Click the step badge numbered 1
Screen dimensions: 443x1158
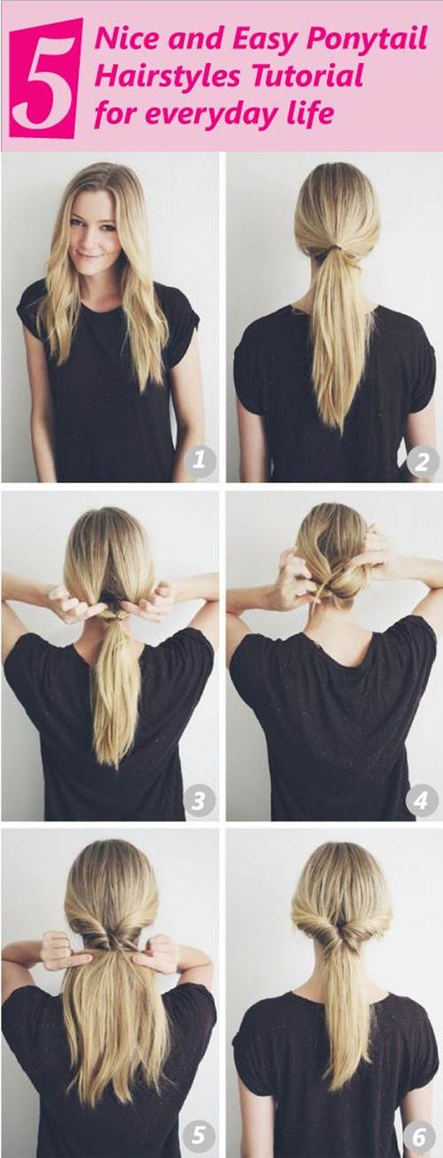click(x=199, y=458)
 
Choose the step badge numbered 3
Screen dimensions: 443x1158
click(x=198, y=801)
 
